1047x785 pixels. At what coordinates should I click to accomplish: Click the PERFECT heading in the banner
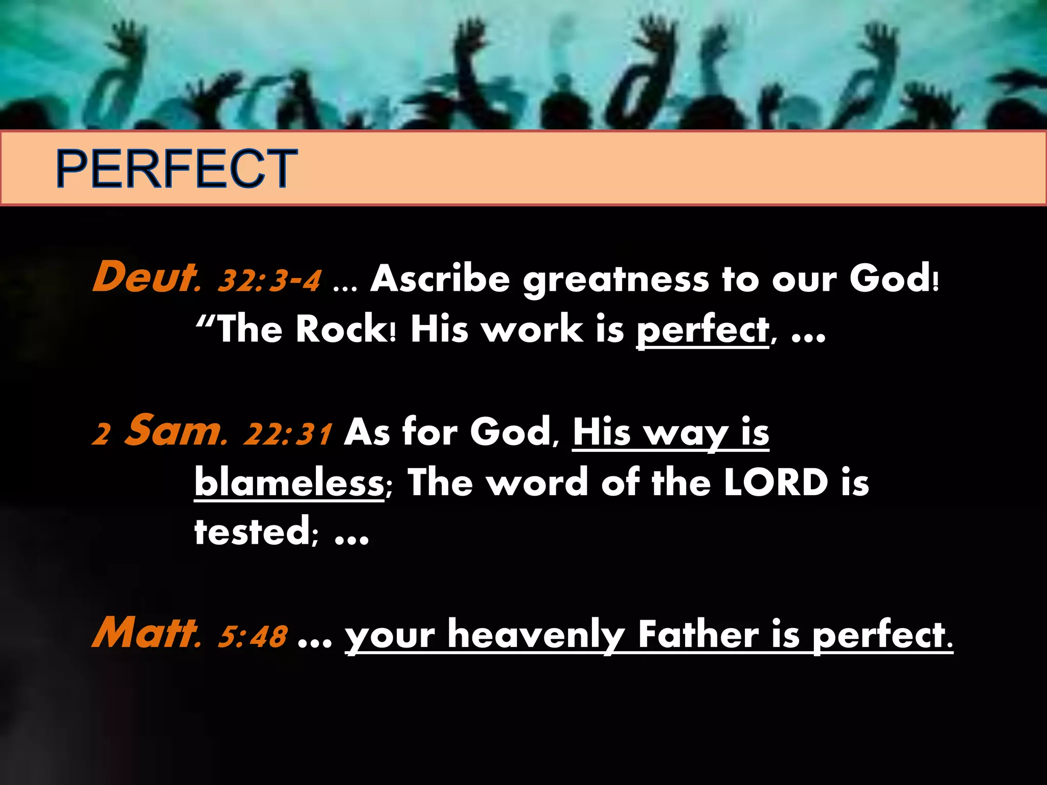[x=176, y=168]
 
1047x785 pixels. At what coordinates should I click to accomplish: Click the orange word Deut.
[x=146, y=277]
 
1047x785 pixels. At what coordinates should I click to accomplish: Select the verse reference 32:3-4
[x=270, y=280]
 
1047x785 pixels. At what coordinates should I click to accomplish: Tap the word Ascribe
[x=440, y=279]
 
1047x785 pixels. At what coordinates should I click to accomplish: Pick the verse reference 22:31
[x=288, y=433]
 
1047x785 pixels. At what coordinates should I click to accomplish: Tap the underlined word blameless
[x=289, y=482]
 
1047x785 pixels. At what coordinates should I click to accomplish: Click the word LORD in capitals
[x=776, y=482]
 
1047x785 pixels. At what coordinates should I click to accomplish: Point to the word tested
[x=253, y=532]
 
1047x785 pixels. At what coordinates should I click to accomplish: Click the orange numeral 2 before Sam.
[x=102, y=434]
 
